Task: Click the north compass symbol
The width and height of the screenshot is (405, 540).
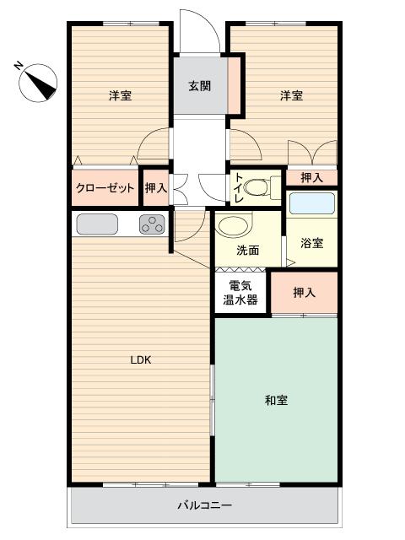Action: [38, 83]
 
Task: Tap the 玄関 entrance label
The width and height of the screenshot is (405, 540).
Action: [199, 86]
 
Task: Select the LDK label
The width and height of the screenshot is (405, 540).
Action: [141, 360]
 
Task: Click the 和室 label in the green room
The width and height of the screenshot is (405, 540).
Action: [276, 400]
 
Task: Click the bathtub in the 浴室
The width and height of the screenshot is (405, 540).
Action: [312, 203]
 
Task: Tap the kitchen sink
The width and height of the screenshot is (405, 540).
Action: [97, 224]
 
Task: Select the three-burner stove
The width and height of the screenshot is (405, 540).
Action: [152, 224]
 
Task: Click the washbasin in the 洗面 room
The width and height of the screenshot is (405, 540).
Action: [234, 224]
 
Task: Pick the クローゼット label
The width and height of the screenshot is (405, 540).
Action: [105, 188]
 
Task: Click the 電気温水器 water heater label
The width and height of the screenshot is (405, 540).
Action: [240, 293]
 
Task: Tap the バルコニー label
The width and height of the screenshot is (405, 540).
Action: [204, 505]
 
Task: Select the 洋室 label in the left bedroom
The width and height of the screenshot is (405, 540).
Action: [120, 95]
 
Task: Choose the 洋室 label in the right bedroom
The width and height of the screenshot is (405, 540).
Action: [291, 95]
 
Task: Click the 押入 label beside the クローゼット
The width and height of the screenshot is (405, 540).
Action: [156, 188]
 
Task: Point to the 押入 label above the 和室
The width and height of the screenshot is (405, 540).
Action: [304, 293]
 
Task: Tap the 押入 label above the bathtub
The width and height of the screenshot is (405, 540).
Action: [311, 178]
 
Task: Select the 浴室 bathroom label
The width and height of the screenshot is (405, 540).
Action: [311, 243]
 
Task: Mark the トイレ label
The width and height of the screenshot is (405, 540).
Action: [240, 187]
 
